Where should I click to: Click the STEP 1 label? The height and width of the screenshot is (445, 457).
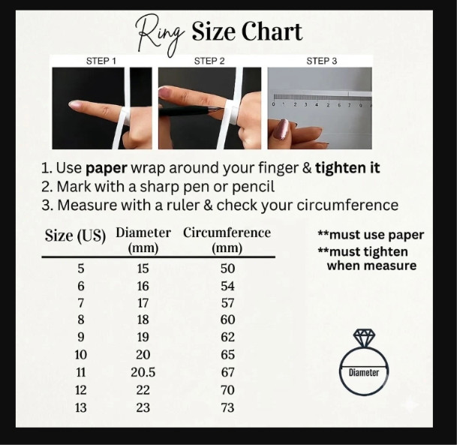(x=101, y=62)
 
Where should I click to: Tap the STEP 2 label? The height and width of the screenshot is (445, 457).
(x=209, y=62)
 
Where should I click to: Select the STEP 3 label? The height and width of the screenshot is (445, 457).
(x=321, y=62)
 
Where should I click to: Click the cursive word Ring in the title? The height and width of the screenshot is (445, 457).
(x=161, y=35)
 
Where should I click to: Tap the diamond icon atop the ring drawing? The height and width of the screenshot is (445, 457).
(x=364, y=337)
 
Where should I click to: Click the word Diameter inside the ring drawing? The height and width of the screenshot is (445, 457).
(x=364, y=372)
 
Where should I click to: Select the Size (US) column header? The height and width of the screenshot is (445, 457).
(x=75, y=236)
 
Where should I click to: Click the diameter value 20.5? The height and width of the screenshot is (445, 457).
(x=143, y=372)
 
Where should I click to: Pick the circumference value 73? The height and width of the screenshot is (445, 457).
(x=227, y=407)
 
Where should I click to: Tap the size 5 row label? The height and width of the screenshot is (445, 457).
(x=81, y=269)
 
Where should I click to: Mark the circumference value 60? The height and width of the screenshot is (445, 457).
(x=227, y=320)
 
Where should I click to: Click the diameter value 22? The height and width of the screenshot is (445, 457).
(x=143, y=390)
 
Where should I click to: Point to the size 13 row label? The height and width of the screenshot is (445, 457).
(x=81, y=407)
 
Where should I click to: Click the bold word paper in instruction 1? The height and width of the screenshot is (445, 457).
(x=107, y=168)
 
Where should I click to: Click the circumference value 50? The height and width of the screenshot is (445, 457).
(x=227, y=269)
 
